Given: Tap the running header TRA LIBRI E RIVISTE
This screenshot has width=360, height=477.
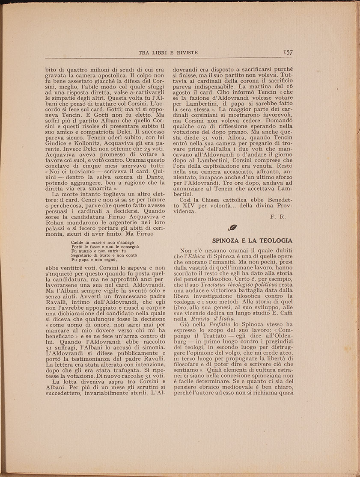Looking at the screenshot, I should [x=168, y=53].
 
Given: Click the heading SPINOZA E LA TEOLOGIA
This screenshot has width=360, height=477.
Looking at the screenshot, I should [x=252, y=241].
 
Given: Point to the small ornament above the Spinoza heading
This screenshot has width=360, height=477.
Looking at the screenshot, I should [x=233, y=228].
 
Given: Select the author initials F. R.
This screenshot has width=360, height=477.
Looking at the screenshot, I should [x=278, y=217].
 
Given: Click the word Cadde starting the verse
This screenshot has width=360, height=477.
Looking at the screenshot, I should [x=77, y=242].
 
